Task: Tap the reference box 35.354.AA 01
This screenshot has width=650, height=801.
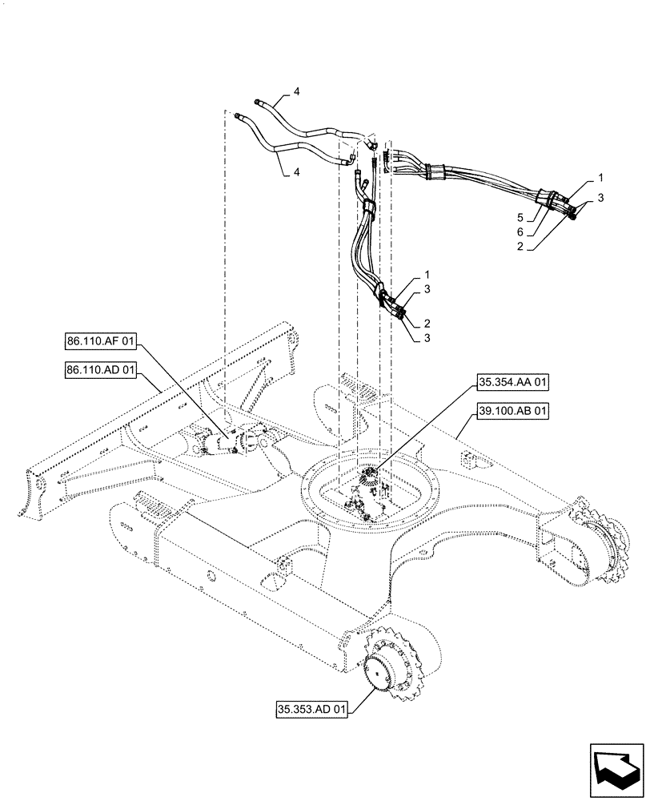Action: [x=513, y=384]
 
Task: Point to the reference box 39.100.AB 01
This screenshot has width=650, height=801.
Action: [x=513, y=412]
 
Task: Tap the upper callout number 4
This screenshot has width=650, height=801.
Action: [x=297, y=94]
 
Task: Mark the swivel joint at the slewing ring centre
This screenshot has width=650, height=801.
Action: [x=371, y=481]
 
